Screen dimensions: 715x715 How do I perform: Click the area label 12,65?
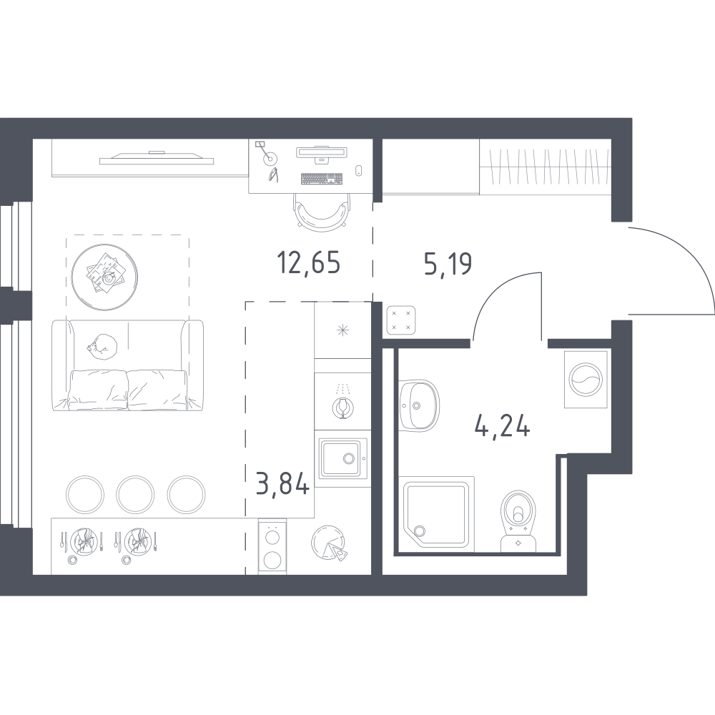pyautogui.click(x=309, y=264)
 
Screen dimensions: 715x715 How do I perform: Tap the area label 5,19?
pyautogui.click(x=448, y=264)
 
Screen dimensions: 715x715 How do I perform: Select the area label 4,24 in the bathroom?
pyautogui.click(x=502, y=427)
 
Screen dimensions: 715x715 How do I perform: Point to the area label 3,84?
pyautogui.click(x=282, y=483)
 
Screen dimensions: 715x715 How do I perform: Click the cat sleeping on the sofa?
pyautogui.click(x=103, y=347)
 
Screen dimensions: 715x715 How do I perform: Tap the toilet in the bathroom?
pyautogui.click(x=518, y=521)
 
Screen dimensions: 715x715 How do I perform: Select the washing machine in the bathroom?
pyautogui.click(x=586, y=379)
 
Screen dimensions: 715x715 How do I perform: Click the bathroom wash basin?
pyautogui.click(x=419, y=405)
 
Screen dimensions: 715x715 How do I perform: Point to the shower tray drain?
pyautogui.click(x=418, y=531)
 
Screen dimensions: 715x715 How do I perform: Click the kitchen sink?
pyautogui.click(x=343, y=458)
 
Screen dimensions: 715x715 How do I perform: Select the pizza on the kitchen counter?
pyautogui.click(x=330, y=542)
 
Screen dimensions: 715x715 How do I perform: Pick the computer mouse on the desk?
pyautogui.click(x=358, y=170)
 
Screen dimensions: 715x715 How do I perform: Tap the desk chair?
pyautogui.click(x=322, y=212)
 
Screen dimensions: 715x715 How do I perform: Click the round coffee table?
pyautogui.click(x=105, y=277)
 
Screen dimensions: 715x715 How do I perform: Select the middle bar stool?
pyautogui.click(x=135, y=494)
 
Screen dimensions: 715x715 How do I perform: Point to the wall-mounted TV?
pyautogui.click(x=157, y=158)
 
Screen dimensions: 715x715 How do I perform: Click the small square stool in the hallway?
pyautogui.click(x=401, y=320)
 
